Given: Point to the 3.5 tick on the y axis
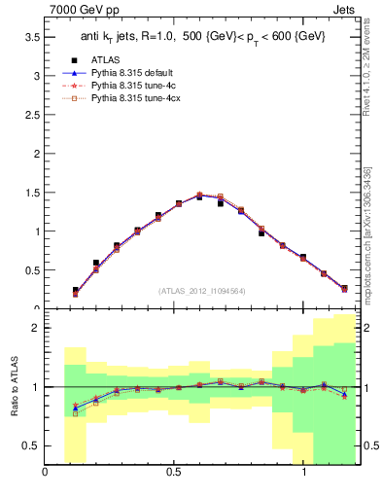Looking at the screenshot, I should pos(31,37).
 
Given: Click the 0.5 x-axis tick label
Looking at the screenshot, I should pos(174,476).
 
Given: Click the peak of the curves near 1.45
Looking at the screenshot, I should pos(199,196).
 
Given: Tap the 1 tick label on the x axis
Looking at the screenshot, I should pos(302,476).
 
